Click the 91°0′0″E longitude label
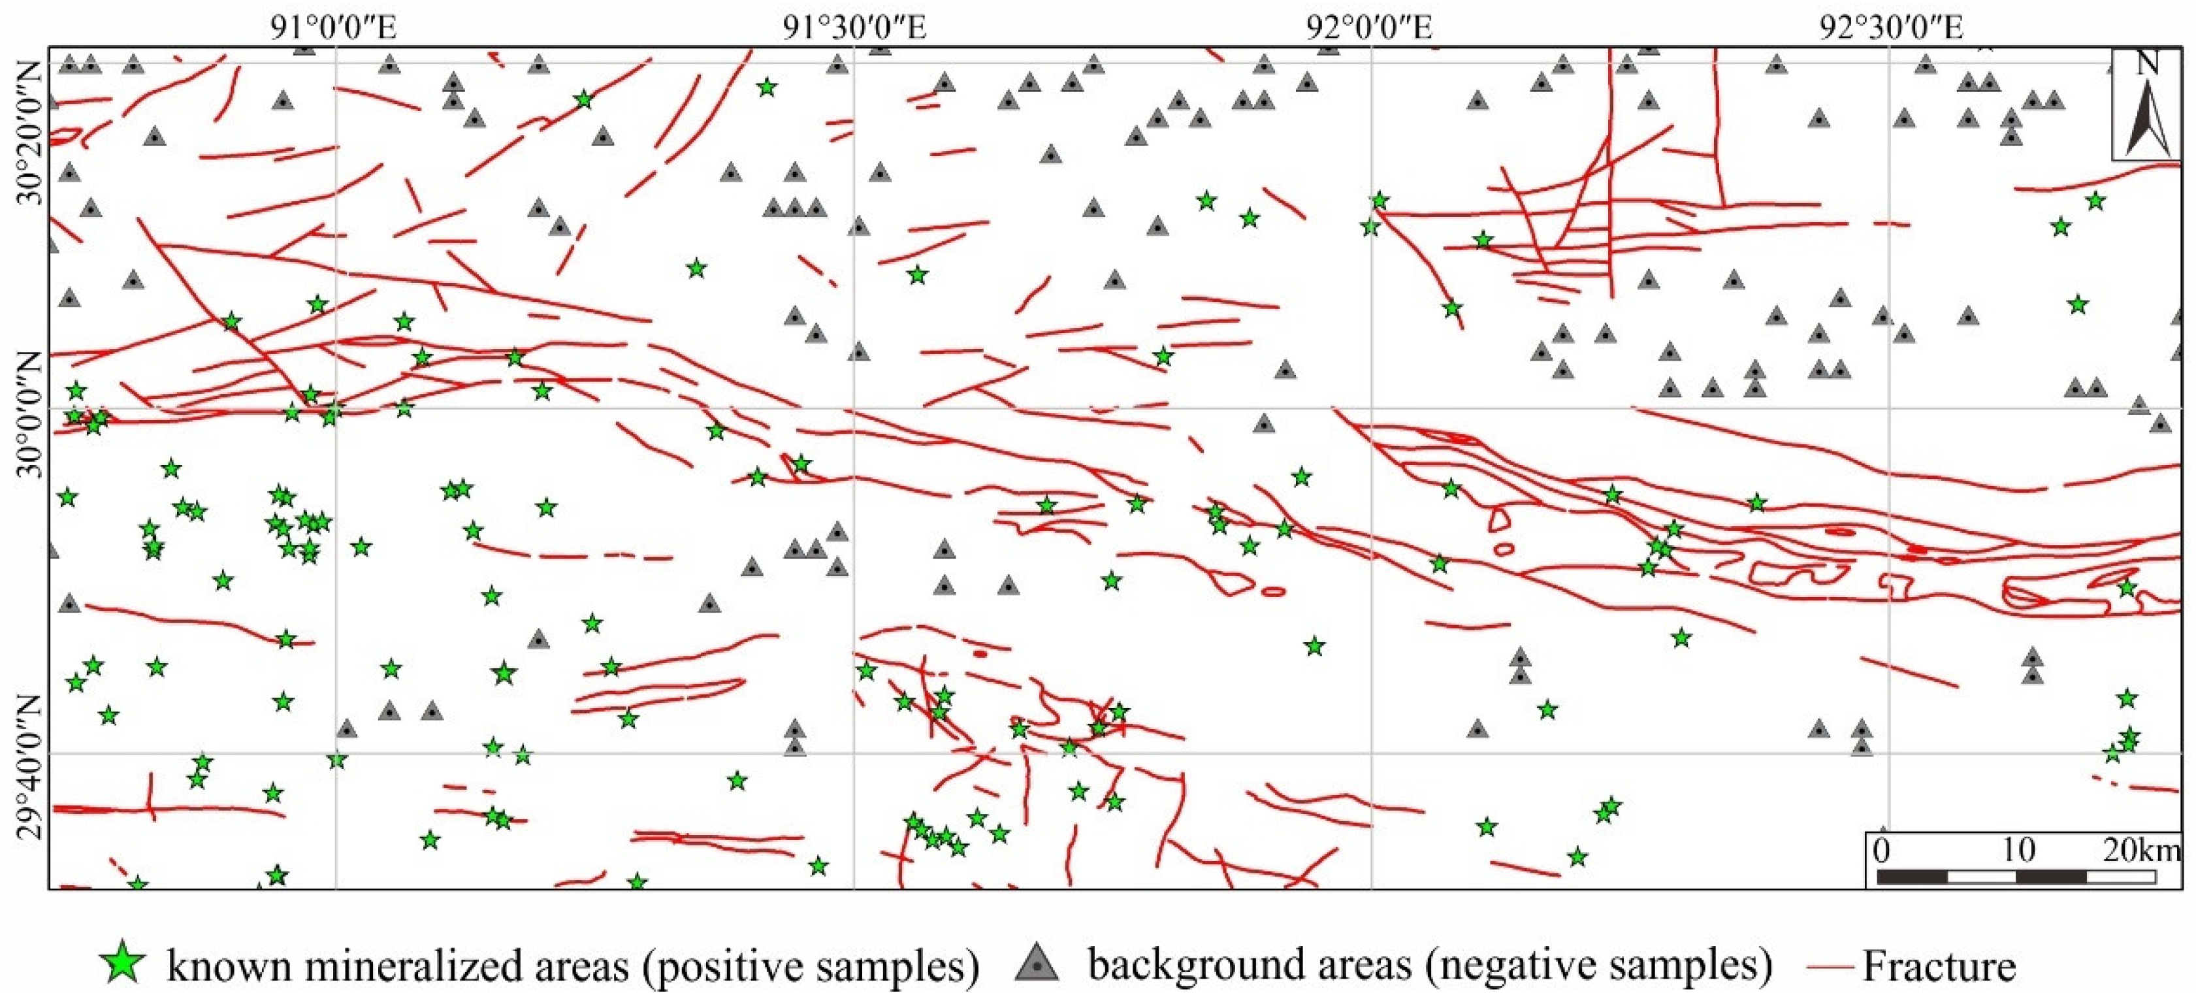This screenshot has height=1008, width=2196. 333,28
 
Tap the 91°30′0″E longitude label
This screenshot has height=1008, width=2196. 854,28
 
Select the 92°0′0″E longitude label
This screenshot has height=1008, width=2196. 1370,28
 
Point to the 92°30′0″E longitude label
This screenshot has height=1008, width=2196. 1891,28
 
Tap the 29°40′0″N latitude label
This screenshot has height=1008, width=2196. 28,768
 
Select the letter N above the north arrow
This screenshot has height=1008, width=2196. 2146,63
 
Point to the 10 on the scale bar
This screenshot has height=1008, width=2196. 2017,849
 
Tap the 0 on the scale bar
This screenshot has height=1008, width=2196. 1881,849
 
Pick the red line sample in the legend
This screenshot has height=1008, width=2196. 1830,966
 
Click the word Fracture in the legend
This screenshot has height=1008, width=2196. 1939,966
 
